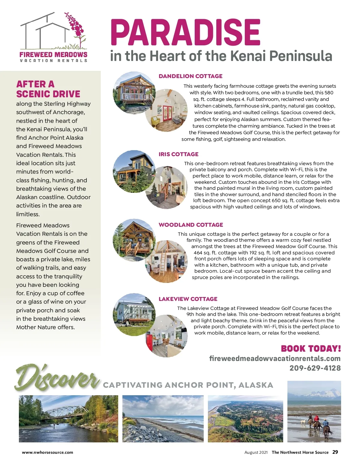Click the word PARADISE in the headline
click(x=185, y=32)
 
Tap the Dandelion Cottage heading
click(x=190, y=76)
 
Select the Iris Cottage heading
click(x=178, y=154)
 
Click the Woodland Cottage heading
click(x=191, y=225)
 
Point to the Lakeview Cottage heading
click(x=188, y=299)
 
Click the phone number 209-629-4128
click(x=315, y=368)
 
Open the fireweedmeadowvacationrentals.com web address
click(x=275, y=358)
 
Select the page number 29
click(x=335, y=452)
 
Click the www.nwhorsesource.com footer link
click(x=47, y=452)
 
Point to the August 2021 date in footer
click(x=256, y=452)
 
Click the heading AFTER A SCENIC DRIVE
click(x=48, y=89)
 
